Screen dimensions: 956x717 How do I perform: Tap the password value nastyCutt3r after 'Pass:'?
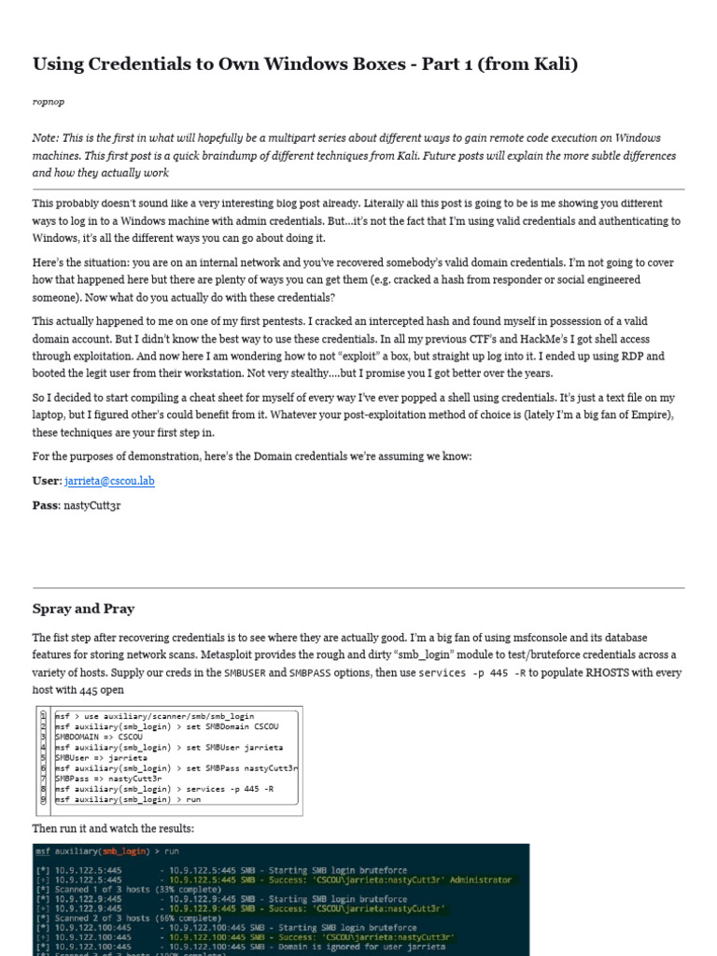92,505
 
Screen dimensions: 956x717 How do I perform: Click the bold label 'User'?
46,481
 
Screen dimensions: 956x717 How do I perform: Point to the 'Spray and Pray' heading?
83,609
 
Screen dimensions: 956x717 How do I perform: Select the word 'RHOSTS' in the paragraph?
593,673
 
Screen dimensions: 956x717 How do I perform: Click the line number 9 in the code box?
43,799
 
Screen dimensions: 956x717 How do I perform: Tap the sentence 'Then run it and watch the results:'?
113,829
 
